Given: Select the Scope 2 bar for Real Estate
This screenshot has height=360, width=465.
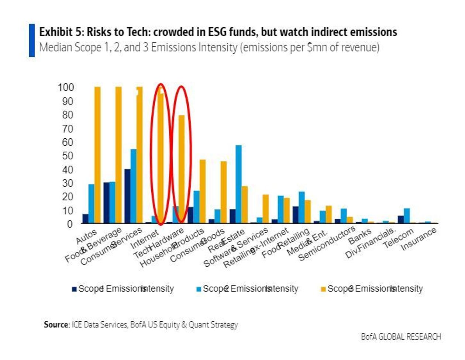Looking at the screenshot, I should pyautogui.click(x=238, y=184).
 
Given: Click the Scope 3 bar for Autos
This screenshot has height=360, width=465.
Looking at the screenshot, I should pyautogui.click(x=97, y=155).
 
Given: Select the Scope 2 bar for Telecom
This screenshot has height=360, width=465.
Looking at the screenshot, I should pyautogui.click(x=407, y=216).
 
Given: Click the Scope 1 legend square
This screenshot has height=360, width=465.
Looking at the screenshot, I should pyautogui.click(x=74, y=289).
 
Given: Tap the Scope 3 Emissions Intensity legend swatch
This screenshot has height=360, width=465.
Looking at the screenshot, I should pyautogui.click(x=323, y=289).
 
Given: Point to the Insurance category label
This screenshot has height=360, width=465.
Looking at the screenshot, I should pyautogui.click(x=419, y=239).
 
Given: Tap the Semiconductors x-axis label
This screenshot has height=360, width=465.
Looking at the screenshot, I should pyautogui.click(x=327, y=244).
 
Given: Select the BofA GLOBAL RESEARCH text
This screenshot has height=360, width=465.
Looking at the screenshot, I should pyautogui.click(x=401, y=336).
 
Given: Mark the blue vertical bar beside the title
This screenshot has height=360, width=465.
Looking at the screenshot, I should pyautogui.click(x=32, y=40).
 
